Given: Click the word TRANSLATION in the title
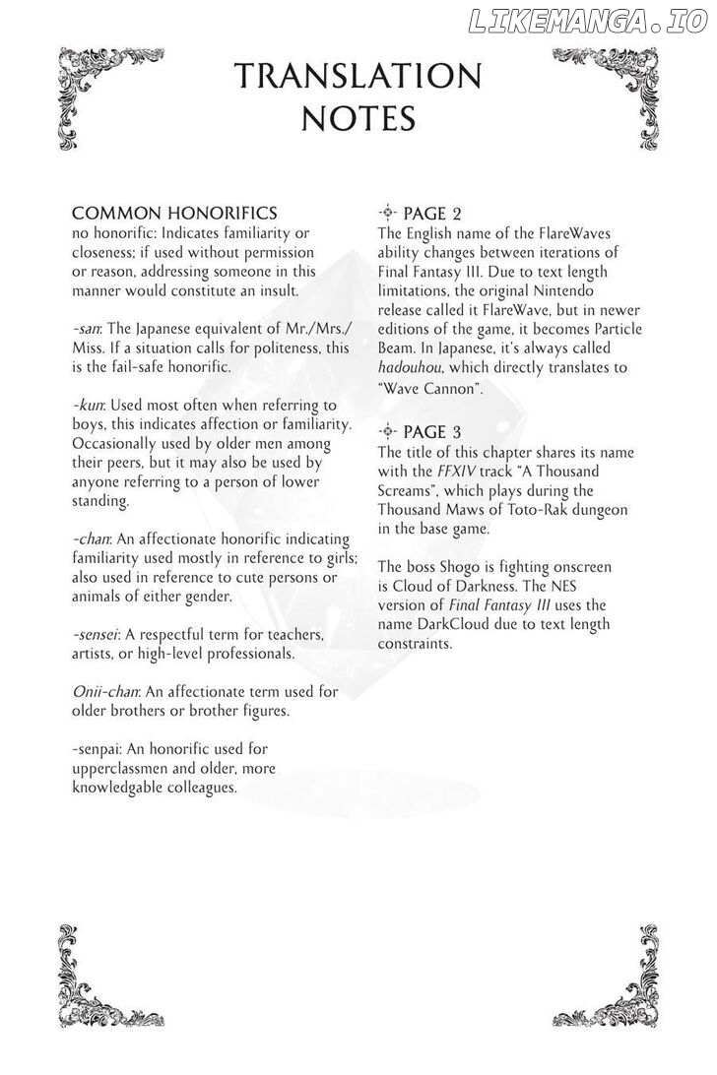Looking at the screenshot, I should coord(358,77).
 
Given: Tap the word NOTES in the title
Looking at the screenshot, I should coord(358,118).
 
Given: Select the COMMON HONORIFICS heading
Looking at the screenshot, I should coord(174,214).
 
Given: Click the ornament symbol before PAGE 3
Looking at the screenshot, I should coord(387,431).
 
